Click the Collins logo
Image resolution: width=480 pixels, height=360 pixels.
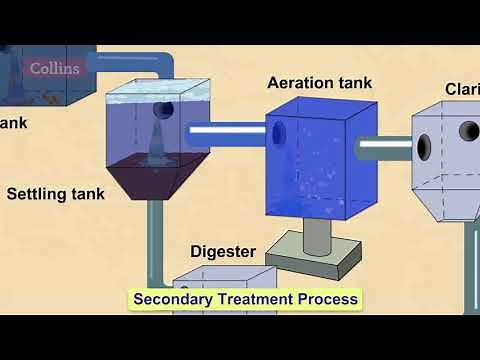(54, 69)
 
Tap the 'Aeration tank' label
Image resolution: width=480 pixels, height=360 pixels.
(319, 82)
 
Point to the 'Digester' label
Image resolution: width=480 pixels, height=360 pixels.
(223, 251)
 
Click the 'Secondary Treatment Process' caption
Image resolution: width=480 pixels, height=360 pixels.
(245, 298)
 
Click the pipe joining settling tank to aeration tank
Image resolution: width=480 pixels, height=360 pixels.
(226, 129)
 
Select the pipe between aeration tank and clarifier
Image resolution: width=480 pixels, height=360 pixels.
(385, 148)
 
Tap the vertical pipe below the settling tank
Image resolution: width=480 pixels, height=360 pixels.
(153, 240)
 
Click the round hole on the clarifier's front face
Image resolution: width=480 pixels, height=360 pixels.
(469, 131)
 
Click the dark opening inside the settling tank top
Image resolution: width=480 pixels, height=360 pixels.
(163, 110)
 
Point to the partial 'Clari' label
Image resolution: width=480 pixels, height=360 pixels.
(461, 89)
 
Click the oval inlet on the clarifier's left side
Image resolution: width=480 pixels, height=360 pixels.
(424, 148)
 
